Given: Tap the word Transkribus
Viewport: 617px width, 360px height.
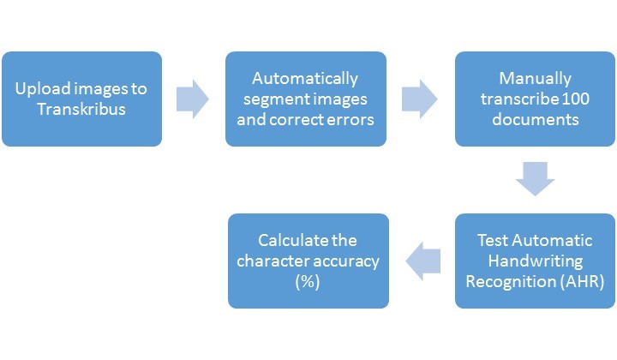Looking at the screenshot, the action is coord(81,109).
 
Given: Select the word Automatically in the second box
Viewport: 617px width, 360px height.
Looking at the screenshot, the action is coord(305,79).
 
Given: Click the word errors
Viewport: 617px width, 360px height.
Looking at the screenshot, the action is coord(351,120).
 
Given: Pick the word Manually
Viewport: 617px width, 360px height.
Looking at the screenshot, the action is coord(535,79).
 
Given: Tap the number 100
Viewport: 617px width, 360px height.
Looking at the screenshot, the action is coord(575,99).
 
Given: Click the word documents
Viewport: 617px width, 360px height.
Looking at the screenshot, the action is coord(535,119).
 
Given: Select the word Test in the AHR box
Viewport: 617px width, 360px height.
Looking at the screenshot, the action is coord(492,240).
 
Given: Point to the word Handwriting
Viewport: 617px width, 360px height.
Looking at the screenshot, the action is coord(535,261).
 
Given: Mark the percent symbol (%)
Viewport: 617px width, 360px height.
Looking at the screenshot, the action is coord(308,282).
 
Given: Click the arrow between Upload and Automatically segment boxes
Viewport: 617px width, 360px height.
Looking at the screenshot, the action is coord(193,99).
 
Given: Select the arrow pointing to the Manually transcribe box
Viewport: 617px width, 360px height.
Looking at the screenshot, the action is coord(419,99).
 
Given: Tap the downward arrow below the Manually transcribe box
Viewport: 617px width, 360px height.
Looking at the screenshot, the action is coord(535,178).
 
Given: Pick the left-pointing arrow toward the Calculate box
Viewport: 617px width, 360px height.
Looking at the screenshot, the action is coord(423,261).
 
